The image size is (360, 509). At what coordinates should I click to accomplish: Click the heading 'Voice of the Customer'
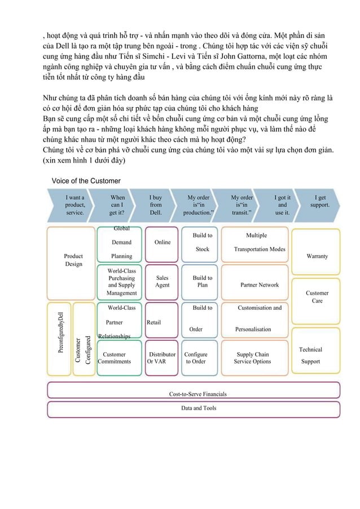86,181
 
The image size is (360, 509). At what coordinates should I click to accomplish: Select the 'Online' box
162,243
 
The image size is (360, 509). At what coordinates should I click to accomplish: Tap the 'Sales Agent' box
162,282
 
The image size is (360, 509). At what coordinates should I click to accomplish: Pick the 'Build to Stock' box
202,243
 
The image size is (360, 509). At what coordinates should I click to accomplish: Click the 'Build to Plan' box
202,282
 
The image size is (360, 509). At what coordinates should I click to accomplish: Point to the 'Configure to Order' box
196,358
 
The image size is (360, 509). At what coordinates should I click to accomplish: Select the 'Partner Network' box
260,285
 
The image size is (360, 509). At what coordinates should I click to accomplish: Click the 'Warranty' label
317,256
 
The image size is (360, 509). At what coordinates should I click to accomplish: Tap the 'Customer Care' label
317,297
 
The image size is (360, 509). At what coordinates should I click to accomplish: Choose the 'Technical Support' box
310,355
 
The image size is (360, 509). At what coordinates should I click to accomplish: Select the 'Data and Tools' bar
198,408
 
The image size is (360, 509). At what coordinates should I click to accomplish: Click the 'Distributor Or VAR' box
162,358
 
